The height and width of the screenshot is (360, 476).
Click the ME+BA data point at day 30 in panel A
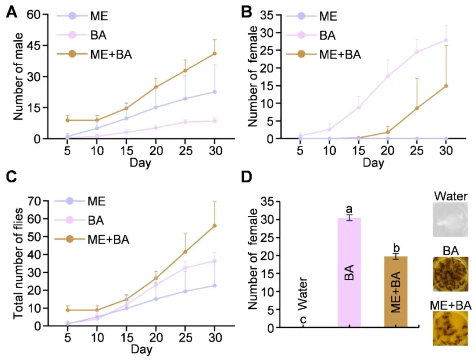[x=215, y=54]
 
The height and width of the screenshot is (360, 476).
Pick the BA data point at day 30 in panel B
[x=446, y=40]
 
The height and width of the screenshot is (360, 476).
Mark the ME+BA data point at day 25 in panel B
[x=416, y=109]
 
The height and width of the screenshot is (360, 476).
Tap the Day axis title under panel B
[x=373, y=163]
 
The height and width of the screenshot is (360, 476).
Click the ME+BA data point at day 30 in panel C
[x=215, y=226]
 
